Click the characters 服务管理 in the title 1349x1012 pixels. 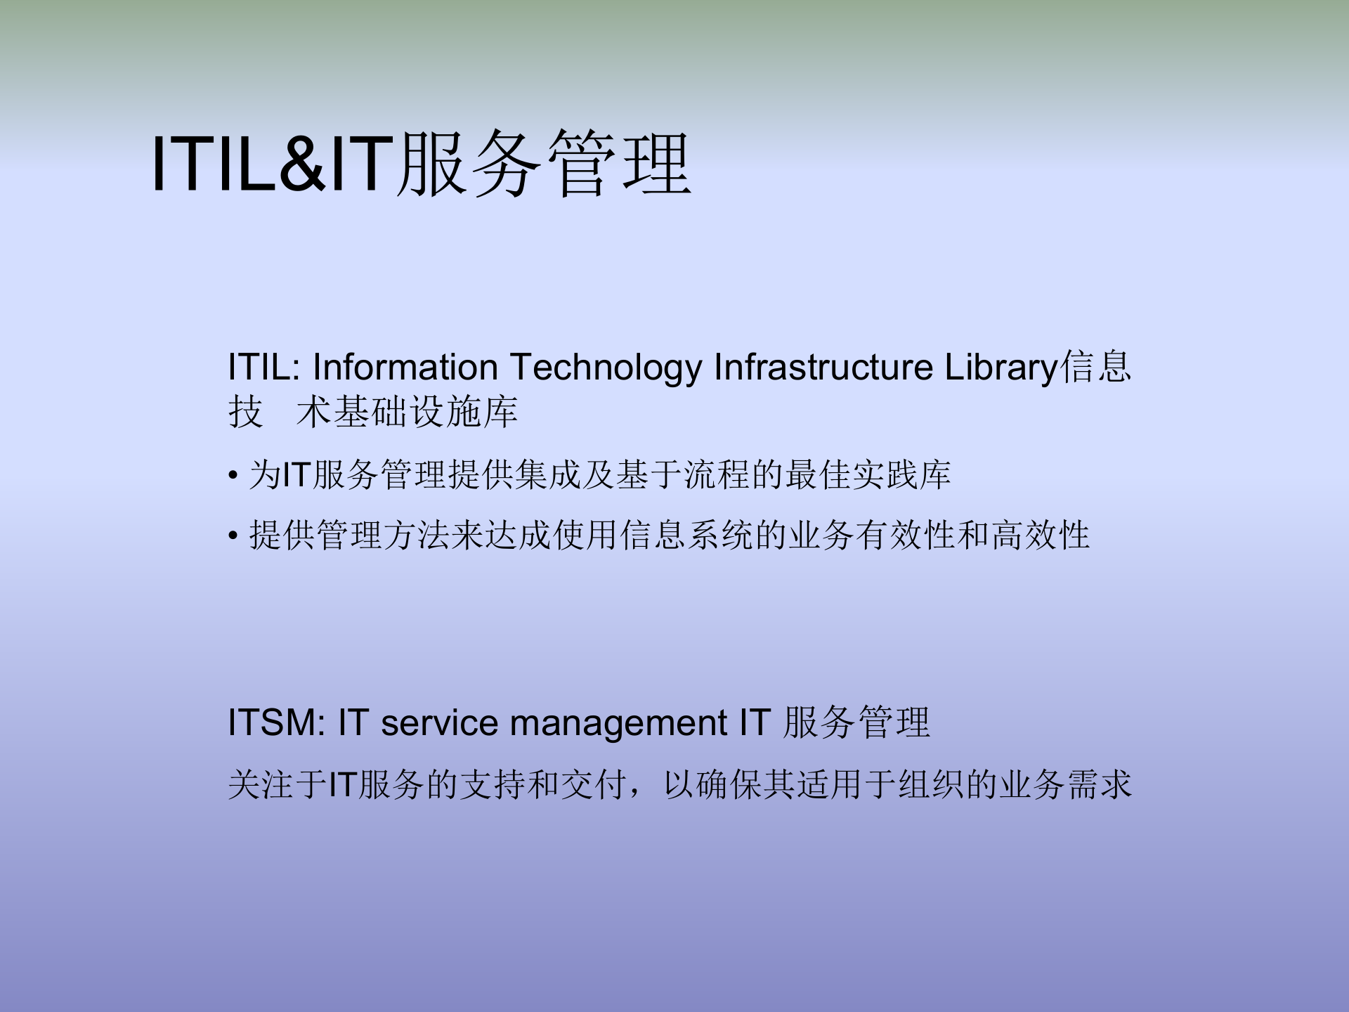pos(544,164)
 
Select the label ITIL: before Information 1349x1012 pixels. pos(263,368)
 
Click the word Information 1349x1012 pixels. pos(405,368)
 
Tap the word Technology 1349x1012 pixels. pos(606,368)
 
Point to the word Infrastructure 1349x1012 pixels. pos(823,368)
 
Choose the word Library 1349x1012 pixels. pos(1001,368)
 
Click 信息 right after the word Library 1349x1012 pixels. pos(1096,368)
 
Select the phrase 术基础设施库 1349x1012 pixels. pos(408,412)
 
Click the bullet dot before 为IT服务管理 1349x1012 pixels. pos(233,476)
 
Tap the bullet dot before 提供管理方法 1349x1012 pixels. pos(233,537)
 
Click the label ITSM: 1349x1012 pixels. pos(276,723)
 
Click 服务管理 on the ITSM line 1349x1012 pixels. pos(857,723)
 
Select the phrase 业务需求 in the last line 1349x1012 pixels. pos(1065,785)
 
